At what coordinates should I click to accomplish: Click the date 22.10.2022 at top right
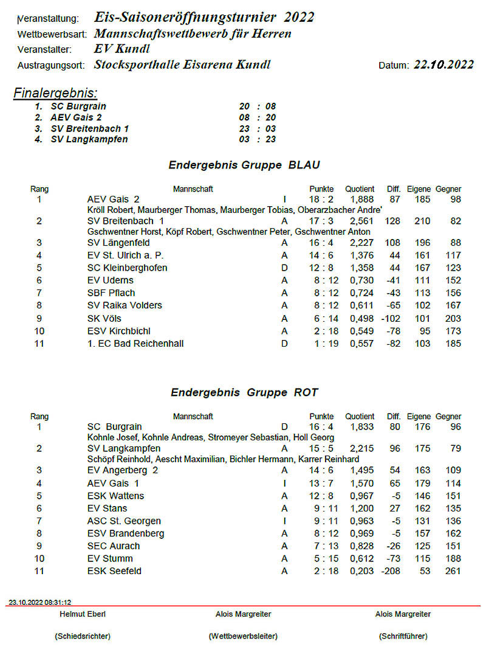[x=443, y=65]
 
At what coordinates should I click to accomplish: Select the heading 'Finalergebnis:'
[x=55, y=93]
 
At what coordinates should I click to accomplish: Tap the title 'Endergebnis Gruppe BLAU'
[x=244, y=165]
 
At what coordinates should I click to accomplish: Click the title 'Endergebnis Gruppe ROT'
[x=244, y=392]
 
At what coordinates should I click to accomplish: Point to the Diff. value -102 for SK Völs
[x=391, y=319]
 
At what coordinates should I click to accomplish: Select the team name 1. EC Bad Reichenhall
[x=135, y=344]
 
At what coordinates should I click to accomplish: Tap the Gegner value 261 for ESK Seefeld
[x=452, y=571]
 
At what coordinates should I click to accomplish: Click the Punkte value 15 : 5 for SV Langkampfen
[x=321, y=448]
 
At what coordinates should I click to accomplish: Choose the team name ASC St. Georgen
[x=125, y=521]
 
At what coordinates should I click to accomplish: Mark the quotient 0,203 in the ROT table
[x=362, y=571]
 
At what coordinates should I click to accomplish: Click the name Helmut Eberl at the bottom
[x=82, y=614]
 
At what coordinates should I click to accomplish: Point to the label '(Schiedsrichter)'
[x=82, y=636]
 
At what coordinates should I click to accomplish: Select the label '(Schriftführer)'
[x=403, y=636]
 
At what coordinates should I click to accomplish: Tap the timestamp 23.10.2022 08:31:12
[x=39, y=602]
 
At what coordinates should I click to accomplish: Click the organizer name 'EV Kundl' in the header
[x=122, y=49]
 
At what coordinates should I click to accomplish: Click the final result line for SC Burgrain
[x=155, y=106]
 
